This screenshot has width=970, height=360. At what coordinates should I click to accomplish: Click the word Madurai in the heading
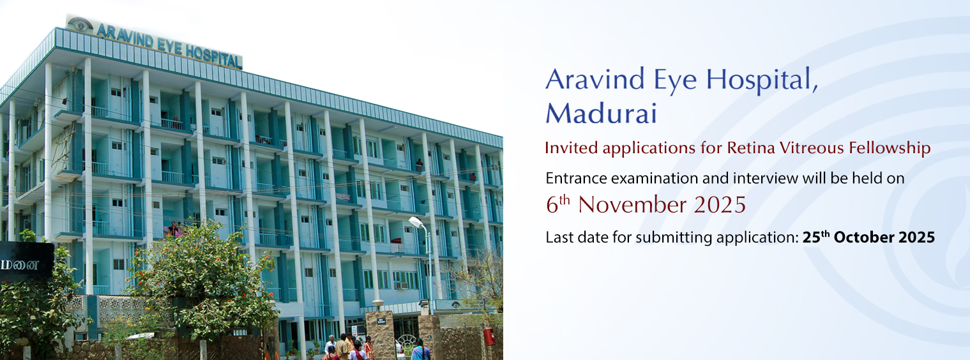(x=601, y=113)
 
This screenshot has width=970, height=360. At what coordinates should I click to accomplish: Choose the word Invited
(x=571, y=148)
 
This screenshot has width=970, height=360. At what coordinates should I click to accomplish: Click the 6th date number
(x=557, y=204)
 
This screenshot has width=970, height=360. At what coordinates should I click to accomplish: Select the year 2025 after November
(x=720, y=205)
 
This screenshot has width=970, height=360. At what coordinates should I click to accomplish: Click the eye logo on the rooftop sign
(x=80, y=24)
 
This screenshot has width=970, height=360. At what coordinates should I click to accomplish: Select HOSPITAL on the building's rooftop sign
(x=213, y=57)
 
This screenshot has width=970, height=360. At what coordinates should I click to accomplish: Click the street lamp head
(x=416, y=222)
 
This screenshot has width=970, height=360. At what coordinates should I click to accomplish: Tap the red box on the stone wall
(x=489, y=336)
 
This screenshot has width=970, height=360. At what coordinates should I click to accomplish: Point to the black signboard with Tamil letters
(x=26, y=262)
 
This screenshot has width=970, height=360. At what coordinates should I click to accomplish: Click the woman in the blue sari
(x=419, y=350)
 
